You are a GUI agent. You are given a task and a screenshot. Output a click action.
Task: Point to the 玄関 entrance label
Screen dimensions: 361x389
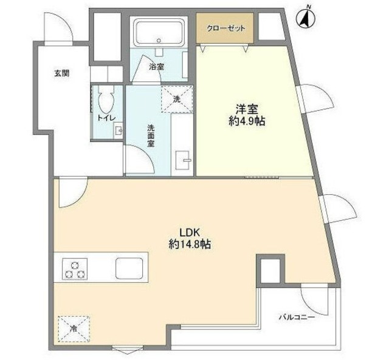pos(61,73)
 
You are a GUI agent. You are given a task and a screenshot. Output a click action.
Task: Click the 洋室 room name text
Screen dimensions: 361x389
pos(247,109)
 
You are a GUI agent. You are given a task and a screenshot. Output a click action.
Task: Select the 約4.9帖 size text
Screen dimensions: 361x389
pos(247,121)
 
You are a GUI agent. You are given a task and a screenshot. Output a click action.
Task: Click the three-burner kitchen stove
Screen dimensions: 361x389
pos(74,268)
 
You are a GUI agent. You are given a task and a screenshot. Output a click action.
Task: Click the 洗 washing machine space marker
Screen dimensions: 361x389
pos(176,98)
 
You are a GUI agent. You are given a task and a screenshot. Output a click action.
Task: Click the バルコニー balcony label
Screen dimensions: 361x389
pos(297,317)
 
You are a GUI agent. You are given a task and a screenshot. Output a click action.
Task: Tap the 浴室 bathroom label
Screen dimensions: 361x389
pos(157,66)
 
